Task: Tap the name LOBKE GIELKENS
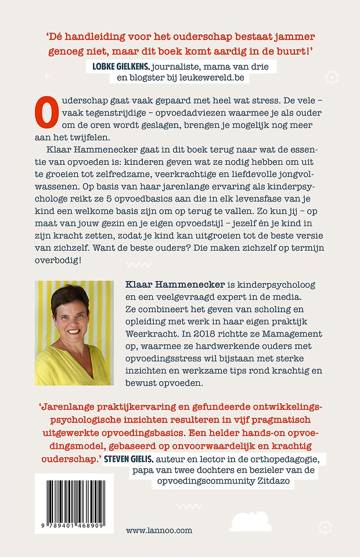click(123, 67)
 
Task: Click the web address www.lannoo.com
click(159, 530)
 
